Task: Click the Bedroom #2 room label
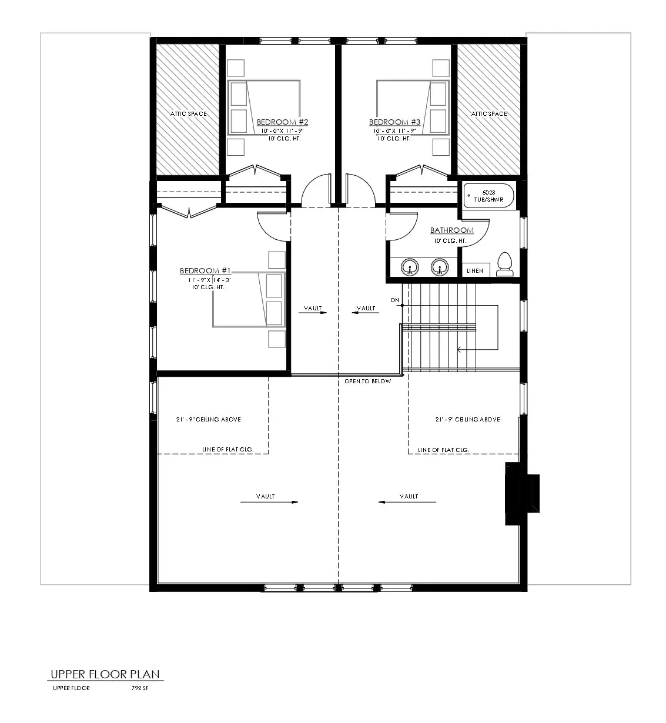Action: point(282,122)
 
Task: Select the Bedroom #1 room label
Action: point(206,271)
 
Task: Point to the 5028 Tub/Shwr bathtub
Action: point(489,196)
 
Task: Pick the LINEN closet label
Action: point(475,270)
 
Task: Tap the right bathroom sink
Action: point(439,267)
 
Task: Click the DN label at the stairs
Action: point(394,300)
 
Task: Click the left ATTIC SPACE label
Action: point(189,114)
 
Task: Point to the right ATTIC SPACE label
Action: point(489,114)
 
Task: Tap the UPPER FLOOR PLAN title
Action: point(105,674)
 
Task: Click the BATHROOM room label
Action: point(451,230)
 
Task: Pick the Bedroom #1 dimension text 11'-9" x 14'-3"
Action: point(206,280)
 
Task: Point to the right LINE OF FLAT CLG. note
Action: point(443,450)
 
